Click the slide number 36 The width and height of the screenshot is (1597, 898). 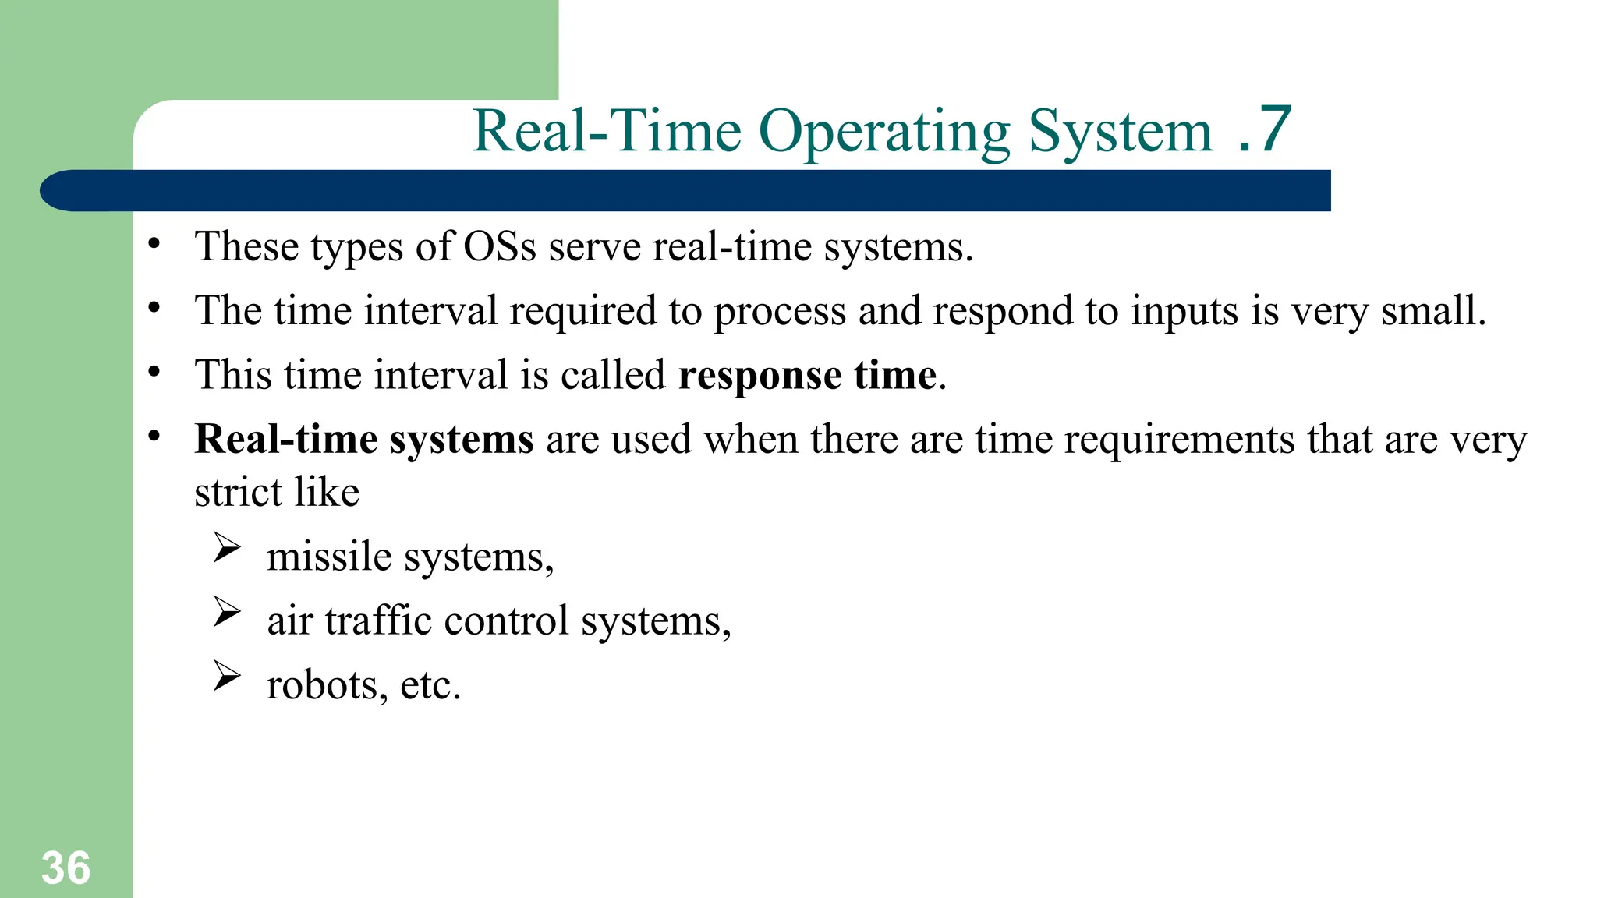pyautogui.click(x=66, y=868)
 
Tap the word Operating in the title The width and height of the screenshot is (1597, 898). pyautogui.click(x=883, y=133)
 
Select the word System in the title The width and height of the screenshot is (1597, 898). pyautogui.click(x=1120, y=133)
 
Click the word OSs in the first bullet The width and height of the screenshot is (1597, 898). pyautogui.click(x=500, y=247)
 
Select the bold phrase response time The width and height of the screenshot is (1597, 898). pyautogui.click(x=807, y=376)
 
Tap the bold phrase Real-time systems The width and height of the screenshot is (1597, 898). pyautogui.click(x=364, y=439)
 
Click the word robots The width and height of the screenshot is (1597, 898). pyautogui.click(x=322, y=685)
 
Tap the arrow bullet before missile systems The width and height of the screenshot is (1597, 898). pyautogui.click(x=227, y=548)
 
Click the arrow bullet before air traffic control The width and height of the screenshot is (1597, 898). pyautogui.click(x=227, y=612)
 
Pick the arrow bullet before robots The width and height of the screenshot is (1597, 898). pyautogui.click(x=227, y=676)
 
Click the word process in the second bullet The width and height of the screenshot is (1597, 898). pyautogui.click(x=780, y=312)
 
